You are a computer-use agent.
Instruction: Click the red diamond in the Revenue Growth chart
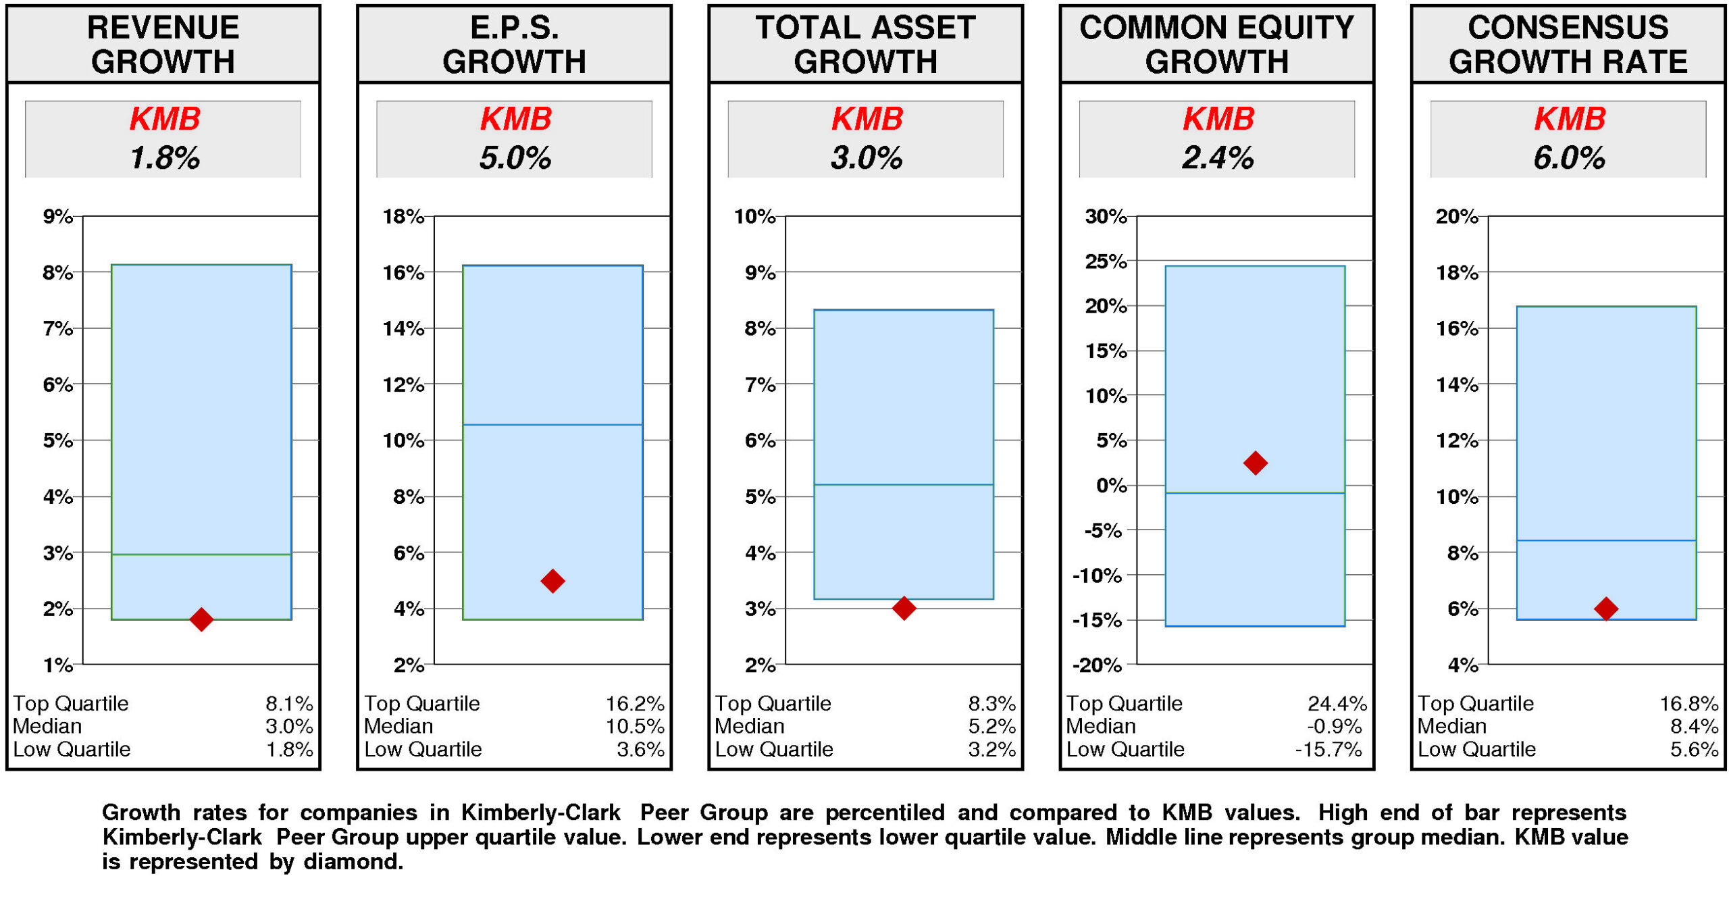(201, 618)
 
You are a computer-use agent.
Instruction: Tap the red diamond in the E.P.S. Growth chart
(552, 580)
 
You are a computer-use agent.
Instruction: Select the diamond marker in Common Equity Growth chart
(1254, 463)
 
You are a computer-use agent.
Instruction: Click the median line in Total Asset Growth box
(903, 484)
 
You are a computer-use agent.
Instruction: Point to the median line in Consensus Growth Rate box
(1605, 540)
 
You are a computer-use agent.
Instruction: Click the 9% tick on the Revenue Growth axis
(58, 216)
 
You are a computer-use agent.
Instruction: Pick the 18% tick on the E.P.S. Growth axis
(403, 216)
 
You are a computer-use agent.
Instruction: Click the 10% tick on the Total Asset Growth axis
(754, 216)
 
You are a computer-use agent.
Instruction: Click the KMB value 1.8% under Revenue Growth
(164, 157)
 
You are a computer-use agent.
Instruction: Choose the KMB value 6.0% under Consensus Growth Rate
(1568, 157)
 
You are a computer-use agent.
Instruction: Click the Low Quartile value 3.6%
(640, 749)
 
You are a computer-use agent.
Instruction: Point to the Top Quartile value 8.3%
(991, 703)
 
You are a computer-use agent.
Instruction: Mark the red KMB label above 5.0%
(515, 119)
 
